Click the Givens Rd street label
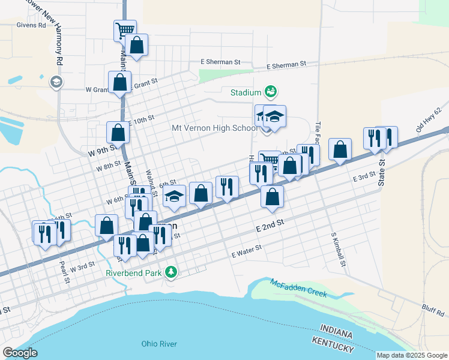click(x=33, y=25)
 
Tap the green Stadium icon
click(x=271, y=92)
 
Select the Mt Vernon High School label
click(x=214, y=128)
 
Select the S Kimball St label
click(x=338, y=249)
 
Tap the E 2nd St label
click(x=268, y=226)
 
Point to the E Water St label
click(x=247, y=251)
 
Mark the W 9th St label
click(x=101, y=151)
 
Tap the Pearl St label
click(x=62, y=271)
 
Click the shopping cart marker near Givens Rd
click(x=125, y=30)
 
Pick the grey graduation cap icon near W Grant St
click(x=56, y=82)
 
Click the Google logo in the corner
click(x=20, y=353)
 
